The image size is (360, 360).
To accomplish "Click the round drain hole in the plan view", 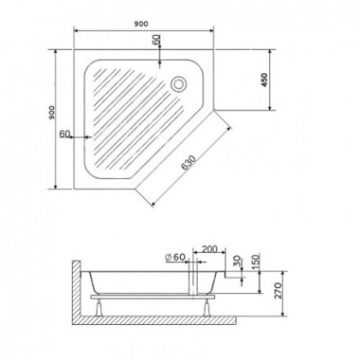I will point(179,84).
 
